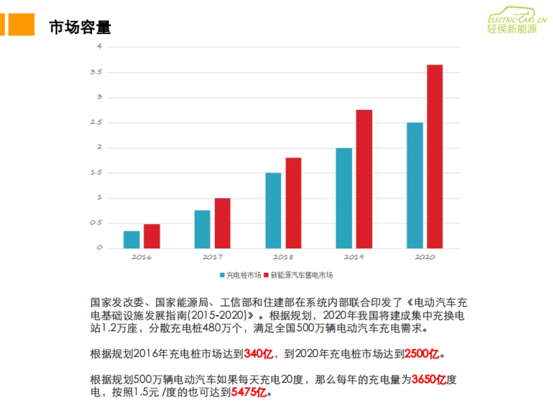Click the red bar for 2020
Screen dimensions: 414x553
coord(435,156)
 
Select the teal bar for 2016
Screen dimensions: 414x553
coord(131,240)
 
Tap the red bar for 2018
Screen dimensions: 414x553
coord(293,203)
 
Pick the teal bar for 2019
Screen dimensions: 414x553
coord(344,198)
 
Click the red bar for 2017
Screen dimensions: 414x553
coord(222,223)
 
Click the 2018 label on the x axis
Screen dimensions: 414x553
coord(283,257)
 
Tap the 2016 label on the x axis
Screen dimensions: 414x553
coord(141,257)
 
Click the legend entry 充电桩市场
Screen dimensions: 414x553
coord(241,275)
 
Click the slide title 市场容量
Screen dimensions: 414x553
coord(80,27)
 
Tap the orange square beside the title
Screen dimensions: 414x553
coord(21,24)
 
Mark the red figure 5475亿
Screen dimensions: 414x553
coord(249,392)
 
